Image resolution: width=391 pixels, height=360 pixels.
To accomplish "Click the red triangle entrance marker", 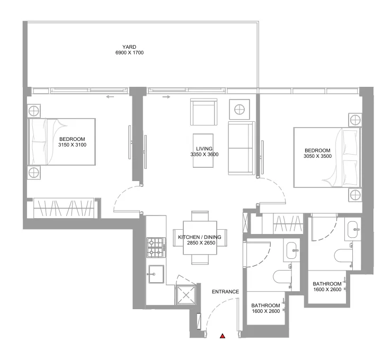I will [223, 336].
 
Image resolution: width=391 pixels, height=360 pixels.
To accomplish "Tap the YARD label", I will [130, 47].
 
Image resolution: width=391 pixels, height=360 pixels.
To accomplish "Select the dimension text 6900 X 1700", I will [130, 53].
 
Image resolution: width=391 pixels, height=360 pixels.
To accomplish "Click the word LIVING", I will [204, 149].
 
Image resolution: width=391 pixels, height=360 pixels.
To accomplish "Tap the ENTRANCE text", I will [225, 292].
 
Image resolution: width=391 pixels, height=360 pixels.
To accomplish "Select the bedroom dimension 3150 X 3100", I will [73, 145].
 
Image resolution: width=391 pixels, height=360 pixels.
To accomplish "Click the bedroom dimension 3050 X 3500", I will [318, 157].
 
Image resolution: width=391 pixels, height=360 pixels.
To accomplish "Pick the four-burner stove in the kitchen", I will [156, 246].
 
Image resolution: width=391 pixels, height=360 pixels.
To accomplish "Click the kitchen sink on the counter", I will [156, 274].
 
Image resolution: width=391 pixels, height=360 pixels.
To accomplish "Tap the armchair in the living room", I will [203, 111].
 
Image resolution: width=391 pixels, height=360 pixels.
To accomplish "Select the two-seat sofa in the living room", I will [241, 148].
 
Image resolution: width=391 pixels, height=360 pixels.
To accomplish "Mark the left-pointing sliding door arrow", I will [110, 97].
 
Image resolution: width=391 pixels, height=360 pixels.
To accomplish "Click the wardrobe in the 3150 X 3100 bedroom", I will [65, 208].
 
